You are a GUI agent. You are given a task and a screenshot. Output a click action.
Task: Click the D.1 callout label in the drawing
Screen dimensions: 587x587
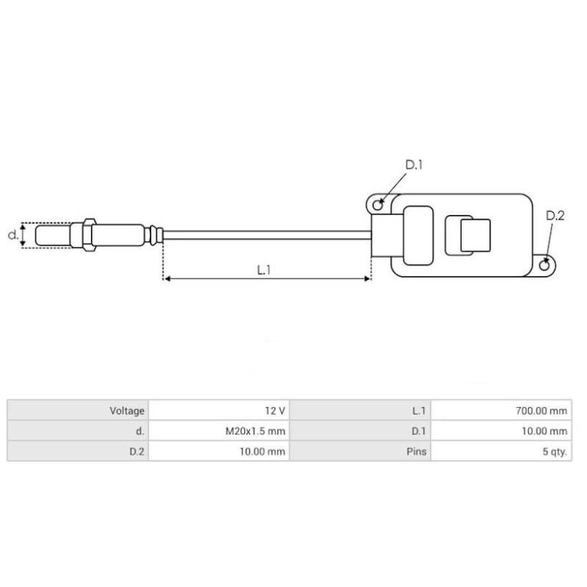click(415, 165)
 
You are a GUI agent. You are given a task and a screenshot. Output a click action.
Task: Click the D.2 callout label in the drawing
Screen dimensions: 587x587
click(555, 216)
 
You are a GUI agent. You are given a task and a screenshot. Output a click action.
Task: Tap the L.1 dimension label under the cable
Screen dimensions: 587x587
click(265, 269)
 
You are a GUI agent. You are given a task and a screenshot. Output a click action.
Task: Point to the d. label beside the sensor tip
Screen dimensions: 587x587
click(12, 236)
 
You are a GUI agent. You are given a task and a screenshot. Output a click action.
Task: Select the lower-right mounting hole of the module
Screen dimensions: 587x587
click(544, 263)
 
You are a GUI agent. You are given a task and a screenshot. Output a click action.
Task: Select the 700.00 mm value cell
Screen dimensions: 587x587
click(542, 411)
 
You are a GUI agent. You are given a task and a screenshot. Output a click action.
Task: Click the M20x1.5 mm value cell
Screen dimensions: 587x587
click(255, 431)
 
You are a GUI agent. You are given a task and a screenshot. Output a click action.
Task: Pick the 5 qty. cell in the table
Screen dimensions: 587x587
click(554, 451)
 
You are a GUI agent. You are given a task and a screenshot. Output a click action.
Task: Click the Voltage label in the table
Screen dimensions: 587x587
click(127, 411)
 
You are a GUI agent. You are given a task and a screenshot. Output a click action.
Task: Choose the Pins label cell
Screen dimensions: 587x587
click(416, 451)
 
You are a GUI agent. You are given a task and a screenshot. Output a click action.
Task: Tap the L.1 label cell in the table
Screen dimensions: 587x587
click(419, 411)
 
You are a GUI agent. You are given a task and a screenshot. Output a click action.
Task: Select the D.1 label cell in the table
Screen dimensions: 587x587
click(418, 431)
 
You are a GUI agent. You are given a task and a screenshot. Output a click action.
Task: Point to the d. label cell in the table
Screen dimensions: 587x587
click(139, 431)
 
